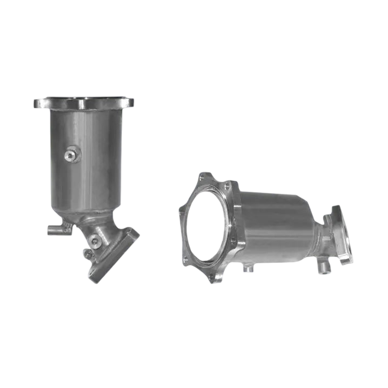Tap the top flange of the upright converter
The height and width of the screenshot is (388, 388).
pyautogui.click(x=85, y=102)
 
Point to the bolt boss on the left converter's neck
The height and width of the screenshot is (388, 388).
pyautogui.click(x=95, y=240)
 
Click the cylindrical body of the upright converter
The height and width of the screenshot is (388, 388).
pyautogui.click(x=86, y=157)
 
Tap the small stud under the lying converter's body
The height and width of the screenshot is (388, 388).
pyautogui.click(x=246, y=268)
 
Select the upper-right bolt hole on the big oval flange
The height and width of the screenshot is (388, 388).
pyautogui.click(x=228, y=186)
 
